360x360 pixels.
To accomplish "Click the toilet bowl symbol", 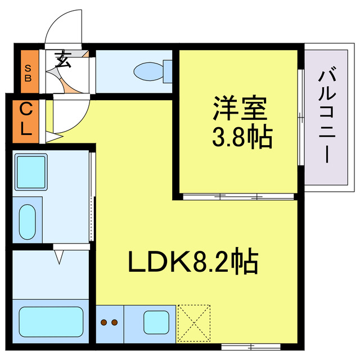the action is (x=148, y=71).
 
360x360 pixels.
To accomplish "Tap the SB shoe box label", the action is (x=28, y=73).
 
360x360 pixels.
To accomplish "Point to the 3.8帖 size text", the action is (x=242, y=136).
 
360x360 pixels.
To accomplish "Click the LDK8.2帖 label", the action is (x=193, y=261).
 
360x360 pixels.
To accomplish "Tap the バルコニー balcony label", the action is (x=327, y=114).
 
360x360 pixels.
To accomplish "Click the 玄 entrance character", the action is (x=62, y=59).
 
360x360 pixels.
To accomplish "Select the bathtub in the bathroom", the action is (x=51, y=322).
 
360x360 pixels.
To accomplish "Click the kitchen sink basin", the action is (x=156, y=322).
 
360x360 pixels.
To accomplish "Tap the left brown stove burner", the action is (x=104, y=322).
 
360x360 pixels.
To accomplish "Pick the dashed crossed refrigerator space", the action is (x=194, y=323).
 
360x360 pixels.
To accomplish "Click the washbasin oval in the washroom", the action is (x=28, y=222).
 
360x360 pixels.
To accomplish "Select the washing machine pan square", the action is (x=31, y=172).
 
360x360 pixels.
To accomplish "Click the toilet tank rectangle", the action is (x=168, y=71).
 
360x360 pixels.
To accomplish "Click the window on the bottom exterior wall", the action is (x=251, y=346).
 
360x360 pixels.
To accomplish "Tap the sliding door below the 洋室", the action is (x=238, y=197).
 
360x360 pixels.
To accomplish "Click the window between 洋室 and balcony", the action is (x=301, y=117).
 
